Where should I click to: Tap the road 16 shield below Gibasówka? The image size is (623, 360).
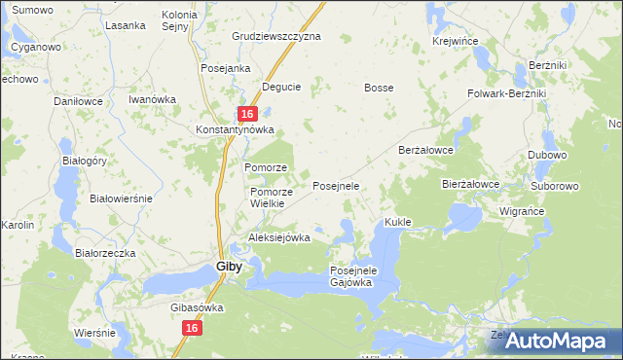(x=191, y=330)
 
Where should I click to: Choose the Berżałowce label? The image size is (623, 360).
(x=427, y=151)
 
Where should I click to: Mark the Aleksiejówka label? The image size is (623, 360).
(x=279, y=237)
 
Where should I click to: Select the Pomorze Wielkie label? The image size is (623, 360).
(x=261, y=198)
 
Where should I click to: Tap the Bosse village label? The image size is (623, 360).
(x=379, y=88)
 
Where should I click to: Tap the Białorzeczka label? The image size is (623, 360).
(x=105, y=252)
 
